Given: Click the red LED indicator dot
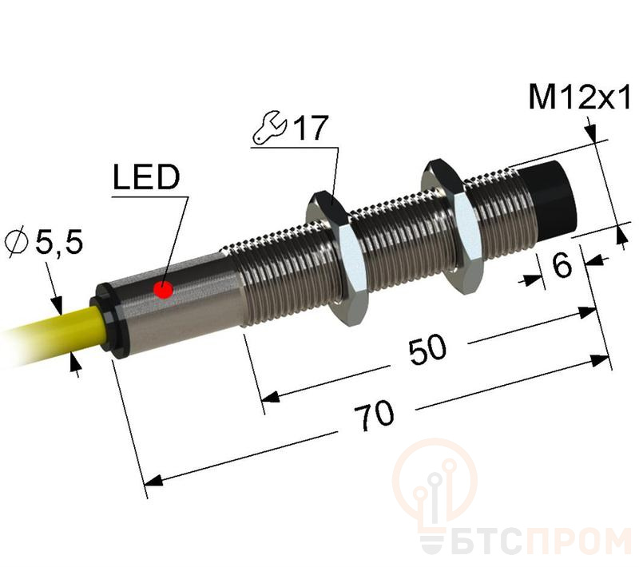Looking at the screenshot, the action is (x=164, y=290).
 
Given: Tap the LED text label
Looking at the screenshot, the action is (x=146, y=177).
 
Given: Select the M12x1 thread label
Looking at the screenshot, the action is (x=579, y=97).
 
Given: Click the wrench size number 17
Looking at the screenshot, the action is (x=311, y=128).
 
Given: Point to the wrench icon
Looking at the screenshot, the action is (x=270, y=128).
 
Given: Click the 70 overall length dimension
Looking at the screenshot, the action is (x=374, y=415).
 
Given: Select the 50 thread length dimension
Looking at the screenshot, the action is (x=427, y=350).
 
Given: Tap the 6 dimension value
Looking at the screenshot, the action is (x=562, y=265).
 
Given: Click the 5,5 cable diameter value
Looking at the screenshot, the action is (x=59, y=242).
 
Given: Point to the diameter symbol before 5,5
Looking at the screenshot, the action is (x=17, y=243).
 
